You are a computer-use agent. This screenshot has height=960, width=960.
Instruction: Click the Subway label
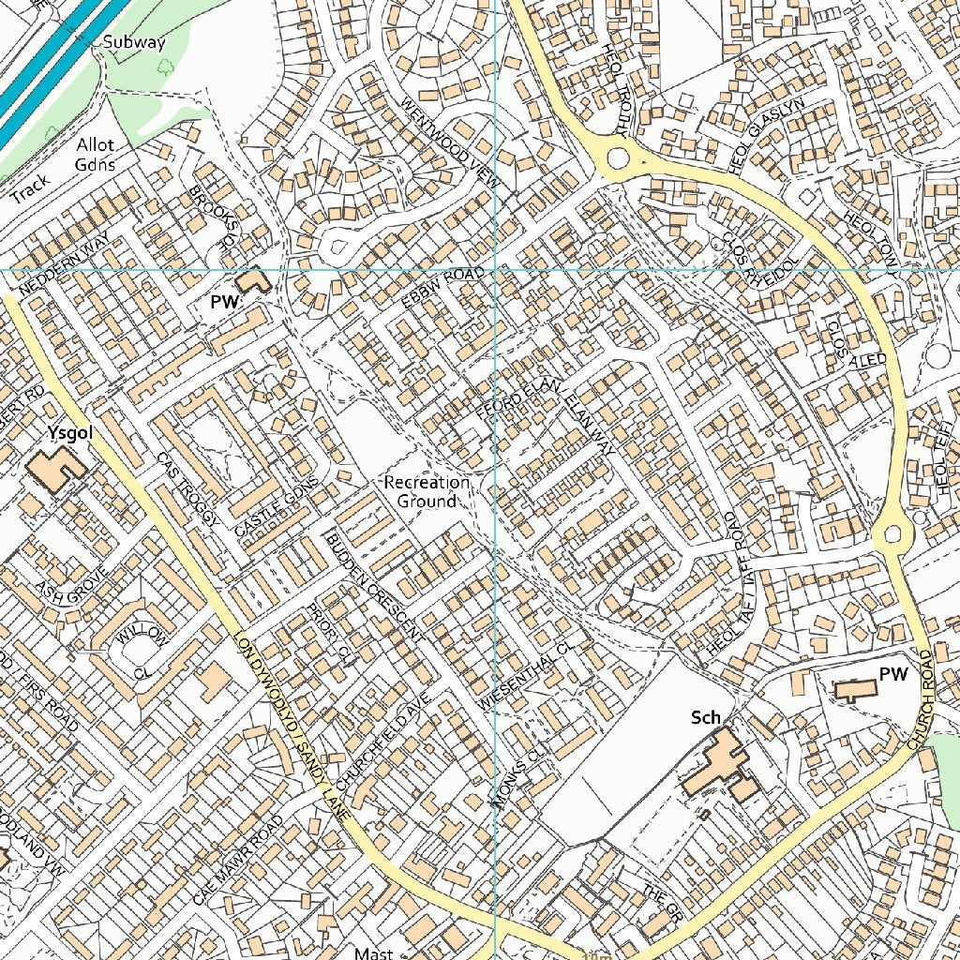point(134,42)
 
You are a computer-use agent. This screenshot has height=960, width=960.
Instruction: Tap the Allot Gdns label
point(96,155)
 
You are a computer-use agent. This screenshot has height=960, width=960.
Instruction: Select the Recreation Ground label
point(427,491)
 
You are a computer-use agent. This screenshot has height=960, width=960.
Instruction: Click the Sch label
point(706,717)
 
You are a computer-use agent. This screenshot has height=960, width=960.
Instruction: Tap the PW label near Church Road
point(894,673)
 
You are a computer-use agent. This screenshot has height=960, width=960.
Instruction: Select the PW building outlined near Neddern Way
point(252,280)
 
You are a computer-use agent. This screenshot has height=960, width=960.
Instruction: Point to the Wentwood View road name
point(450,142)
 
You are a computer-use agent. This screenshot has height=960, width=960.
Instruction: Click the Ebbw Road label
point(442,288)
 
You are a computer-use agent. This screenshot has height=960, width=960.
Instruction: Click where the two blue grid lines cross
point(494,270)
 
